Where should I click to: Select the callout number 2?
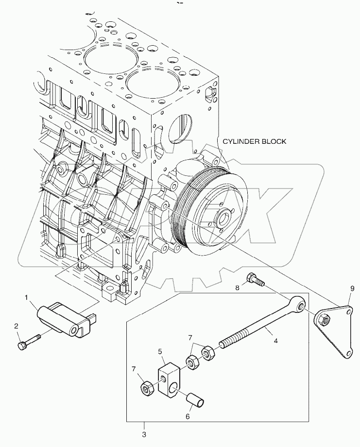17,326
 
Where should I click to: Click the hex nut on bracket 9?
324,319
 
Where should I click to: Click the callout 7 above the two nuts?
190,337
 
